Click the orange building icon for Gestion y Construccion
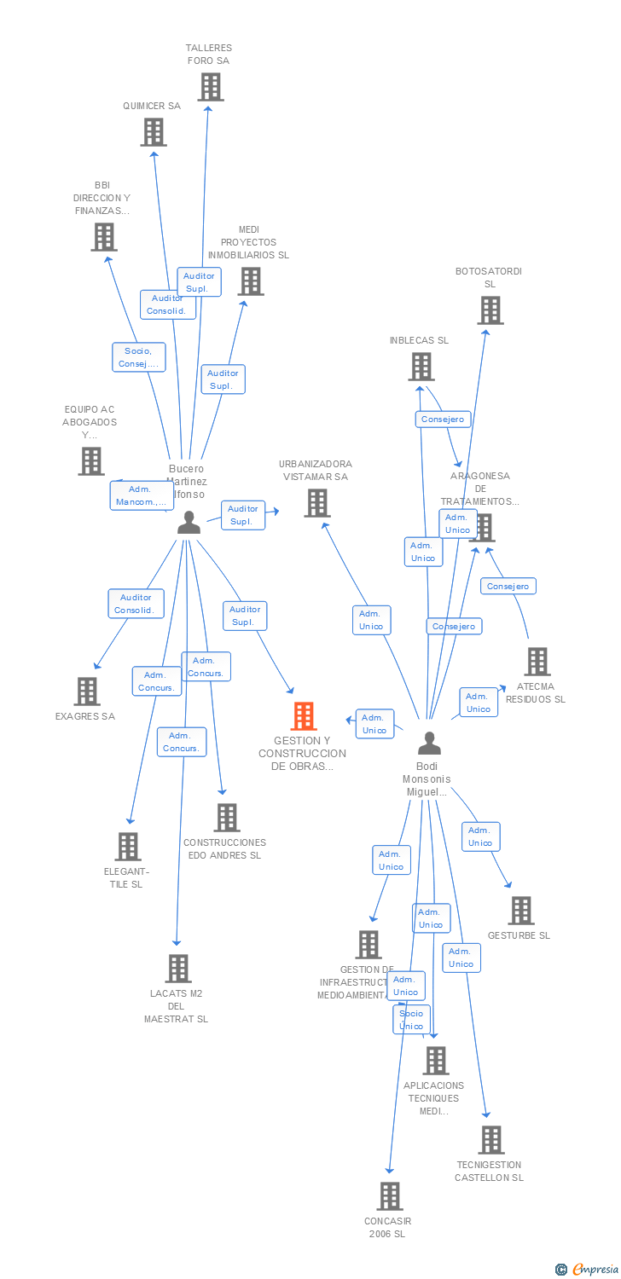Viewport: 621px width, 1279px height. click(304, 716)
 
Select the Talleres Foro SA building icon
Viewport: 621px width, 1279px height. click(211, 87)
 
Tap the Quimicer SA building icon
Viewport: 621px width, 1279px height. click(154, 132)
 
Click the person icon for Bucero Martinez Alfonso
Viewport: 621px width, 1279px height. click(189, 523)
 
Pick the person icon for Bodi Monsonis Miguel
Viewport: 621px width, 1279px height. click(429, 744)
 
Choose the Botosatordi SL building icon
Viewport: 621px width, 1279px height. click(490, 310)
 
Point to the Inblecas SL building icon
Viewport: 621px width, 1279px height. click(421, 367)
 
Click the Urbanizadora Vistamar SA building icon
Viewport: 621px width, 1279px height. click(317, 503)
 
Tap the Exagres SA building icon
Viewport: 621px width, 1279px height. click(87, 692)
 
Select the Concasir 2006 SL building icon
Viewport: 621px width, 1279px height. click(390, 1196)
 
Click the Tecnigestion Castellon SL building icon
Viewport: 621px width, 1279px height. click(490, 1140)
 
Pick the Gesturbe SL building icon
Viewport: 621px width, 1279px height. click(521, 911)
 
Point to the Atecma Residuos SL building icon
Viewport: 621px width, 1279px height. click(537, 662)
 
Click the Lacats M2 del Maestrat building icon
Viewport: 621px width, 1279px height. click(177, 969)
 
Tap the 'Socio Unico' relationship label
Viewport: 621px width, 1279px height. click(411, 1020)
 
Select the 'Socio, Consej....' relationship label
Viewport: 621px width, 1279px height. click(138, 357)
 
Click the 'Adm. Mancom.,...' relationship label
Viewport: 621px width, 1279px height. click(141, 495)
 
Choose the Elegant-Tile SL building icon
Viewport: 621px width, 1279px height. click(128, 847)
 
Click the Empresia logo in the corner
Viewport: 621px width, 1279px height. click(588, 1269)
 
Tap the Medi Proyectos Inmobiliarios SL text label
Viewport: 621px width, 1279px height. click(248, 242)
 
